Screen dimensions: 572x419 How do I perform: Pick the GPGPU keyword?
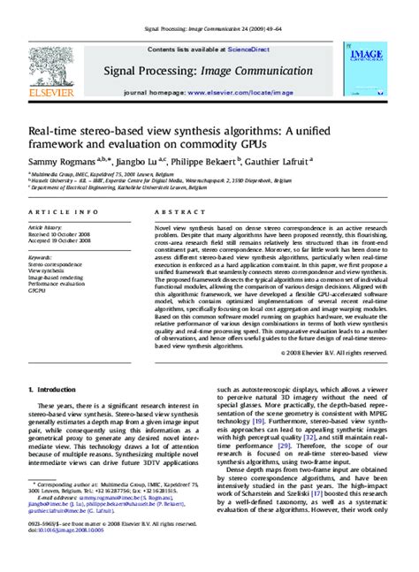click(x=39, y=290)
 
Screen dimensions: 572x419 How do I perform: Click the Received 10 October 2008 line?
click(x=60, y=233)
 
